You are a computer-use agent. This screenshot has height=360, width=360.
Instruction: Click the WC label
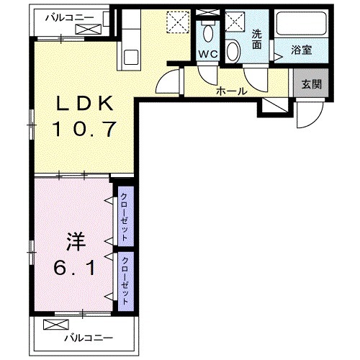[x=209, y=55]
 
